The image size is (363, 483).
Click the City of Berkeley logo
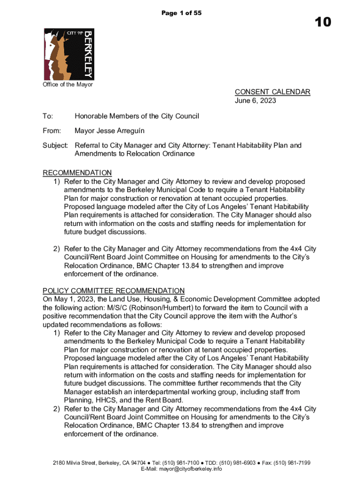tap(69, 54)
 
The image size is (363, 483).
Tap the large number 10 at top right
tap(320, 22)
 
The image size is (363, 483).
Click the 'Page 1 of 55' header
tap(181, 13)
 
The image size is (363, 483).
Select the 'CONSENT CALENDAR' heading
tap(272, 92)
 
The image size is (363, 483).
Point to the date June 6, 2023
tap(256, 100)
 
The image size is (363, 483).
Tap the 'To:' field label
tap(48, 116)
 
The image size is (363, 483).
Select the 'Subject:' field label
tap(56, 145)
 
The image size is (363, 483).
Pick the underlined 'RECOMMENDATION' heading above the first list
tap(77, 173)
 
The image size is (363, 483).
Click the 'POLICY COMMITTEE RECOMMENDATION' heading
tap(114, 291)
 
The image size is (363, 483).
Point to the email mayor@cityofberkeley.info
tap(190, 469)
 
